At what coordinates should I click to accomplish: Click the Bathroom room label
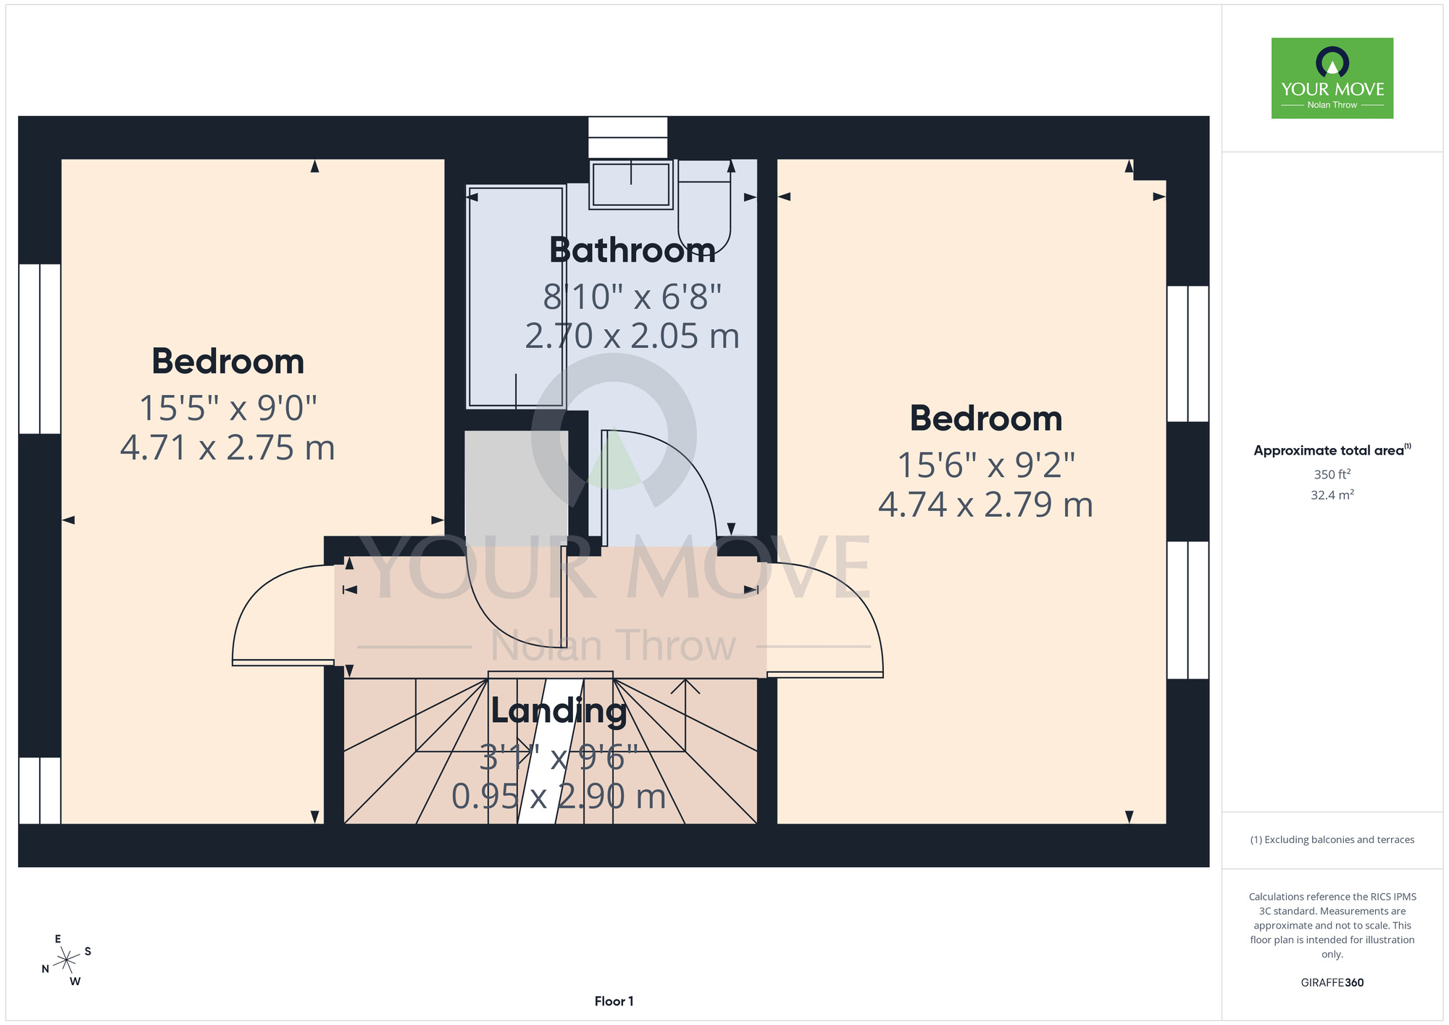click(x=632, y=251)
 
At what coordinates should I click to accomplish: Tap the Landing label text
click(x=559, y=711)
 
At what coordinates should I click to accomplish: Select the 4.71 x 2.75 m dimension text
click(x=227, y=448)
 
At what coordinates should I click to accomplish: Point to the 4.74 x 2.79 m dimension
click(x=985, y=505)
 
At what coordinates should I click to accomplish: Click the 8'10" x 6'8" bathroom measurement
click(x=632, y=296)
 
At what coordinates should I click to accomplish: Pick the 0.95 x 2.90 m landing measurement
click(x=559, y=797)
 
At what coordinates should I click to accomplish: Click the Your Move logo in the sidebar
click(x=1332, y=78)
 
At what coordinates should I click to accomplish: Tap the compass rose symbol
click(x=67, y=960)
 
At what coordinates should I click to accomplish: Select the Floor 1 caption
click(x=614, y=1001)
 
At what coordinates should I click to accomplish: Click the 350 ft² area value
click(x=1332, y=475)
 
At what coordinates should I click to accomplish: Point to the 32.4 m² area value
click(x=1332, y=495)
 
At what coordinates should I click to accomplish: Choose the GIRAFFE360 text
click(x=1332, y=983)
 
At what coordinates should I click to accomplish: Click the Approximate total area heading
click(x=1332, y=450)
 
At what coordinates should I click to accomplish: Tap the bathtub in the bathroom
click(x=516, y=296)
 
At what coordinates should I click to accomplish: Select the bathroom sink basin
click(x=631, y=184)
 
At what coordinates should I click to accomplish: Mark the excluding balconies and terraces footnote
click(x=1332, y=839)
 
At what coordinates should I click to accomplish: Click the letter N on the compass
click(x=45, y=969)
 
